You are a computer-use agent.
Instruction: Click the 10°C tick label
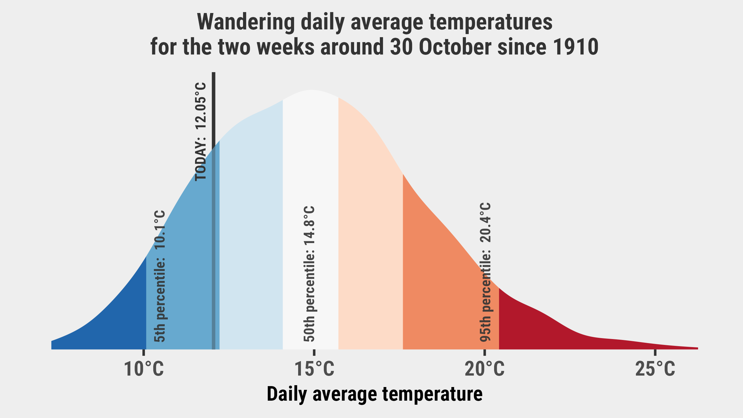click(144, 369)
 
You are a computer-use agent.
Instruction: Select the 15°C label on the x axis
click(314, 369)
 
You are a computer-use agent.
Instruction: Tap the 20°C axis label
click(485, 369)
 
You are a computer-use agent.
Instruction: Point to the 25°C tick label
click(655, 369)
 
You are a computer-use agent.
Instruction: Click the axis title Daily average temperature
click(375, 394)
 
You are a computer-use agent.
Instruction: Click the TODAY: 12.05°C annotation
click(200, 131)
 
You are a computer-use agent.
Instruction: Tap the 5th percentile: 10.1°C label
click(160, 276)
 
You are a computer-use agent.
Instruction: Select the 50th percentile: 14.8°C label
click(309, 274)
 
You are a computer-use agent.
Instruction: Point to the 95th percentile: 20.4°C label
click(485, 272)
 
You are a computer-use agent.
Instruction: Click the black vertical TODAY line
click(214, 211)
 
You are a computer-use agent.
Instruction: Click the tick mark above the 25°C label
click(655, 353)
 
